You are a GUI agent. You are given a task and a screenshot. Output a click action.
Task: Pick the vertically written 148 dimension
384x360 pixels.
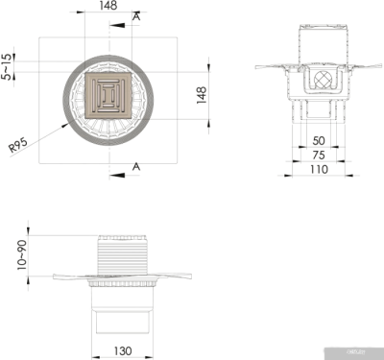point(202,96)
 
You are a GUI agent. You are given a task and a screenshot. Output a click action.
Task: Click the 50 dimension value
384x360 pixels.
point(318,140)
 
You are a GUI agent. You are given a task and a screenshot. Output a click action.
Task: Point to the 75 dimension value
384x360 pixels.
point(318,154)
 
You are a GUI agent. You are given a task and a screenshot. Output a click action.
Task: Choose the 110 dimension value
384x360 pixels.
point(318,168)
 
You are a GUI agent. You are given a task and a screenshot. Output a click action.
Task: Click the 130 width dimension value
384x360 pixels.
point(124,351)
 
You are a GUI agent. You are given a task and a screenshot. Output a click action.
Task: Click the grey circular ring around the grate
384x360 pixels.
point(67,96)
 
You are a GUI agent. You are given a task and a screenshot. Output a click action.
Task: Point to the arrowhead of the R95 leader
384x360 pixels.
point(65,122)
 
